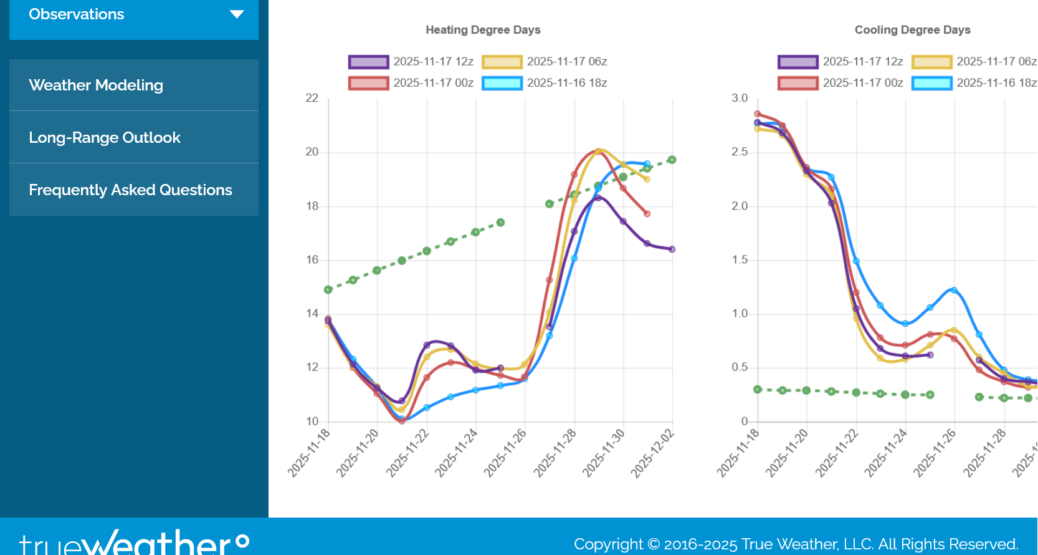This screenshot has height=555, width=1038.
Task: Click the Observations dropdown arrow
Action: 237,14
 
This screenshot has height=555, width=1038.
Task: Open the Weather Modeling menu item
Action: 96,85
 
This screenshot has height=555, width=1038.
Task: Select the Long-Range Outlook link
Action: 105,138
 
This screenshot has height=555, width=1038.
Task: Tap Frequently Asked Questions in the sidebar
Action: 130,190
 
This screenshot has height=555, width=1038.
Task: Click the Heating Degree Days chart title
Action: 483,30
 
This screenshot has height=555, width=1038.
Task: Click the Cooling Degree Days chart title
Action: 912,30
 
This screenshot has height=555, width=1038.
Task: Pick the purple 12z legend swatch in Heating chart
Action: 369,62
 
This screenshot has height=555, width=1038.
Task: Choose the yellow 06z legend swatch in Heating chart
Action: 502,62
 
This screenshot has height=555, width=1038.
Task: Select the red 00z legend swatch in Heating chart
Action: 369,83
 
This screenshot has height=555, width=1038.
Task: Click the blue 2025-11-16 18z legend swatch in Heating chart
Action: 502,83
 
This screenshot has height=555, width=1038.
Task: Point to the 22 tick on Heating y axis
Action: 312,98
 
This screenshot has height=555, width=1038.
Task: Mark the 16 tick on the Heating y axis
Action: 312,260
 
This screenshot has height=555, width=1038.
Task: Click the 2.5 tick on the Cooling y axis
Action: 740,152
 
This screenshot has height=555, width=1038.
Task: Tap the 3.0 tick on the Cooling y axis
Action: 740,98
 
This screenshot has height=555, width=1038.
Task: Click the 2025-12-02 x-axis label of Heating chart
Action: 652,454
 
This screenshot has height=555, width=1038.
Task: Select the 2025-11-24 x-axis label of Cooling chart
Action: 885,454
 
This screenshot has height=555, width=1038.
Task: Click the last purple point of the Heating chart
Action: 672,249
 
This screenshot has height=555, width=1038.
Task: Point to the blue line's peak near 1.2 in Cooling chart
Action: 954,290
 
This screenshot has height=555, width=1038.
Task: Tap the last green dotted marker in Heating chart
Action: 672,160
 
